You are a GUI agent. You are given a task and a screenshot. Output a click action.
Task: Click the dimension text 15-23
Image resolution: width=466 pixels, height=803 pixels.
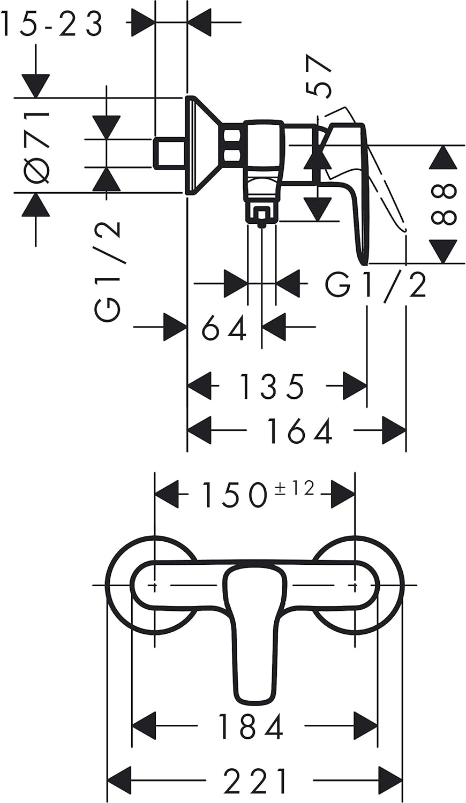51,24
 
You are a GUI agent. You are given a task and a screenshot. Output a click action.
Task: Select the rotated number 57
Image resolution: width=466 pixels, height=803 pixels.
317,75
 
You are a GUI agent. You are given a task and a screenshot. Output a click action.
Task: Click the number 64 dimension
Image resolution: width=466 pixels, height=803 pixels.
224,328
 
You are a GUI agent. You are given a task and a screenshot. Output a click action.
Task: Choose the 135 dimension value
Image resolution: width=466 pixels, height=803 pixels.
272,387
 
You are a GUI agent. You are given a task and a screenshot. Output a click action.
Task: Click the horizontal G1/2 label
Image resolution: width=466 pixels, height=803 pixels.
375,285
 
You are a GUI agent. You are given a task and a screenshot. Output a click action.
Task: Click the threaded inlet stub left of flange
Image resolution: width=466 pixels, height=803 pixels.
169,153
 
